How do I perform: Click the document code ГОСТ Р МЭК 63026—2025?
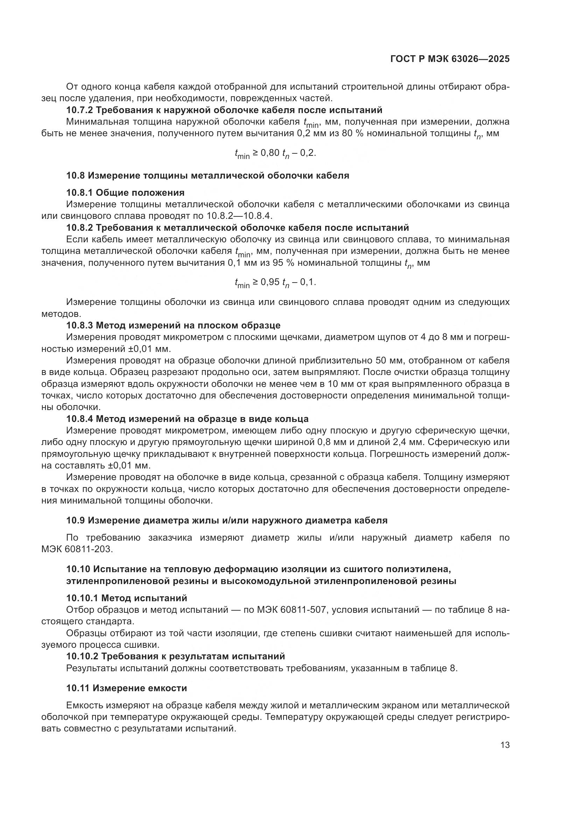tap(450, 59)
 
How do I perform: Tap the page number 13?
tap(505, 745)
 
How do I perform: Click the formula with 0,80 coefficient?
tap(275, 154)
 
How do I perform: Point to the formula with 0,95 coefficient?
tap(275, 283)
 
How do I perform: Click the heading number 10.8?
tap(76, 175)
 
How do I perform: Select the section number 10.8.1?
tap(79, 193)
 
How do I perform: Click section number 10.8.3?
tap(79, 325)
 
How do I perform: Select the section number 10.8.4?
tap(79, 419)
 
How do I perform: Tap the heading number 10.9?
tap(76, 520)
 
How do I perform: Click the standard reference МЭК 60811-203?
tap(77, 549)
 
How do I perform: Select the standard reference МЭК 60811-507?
tap(291, 610)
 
